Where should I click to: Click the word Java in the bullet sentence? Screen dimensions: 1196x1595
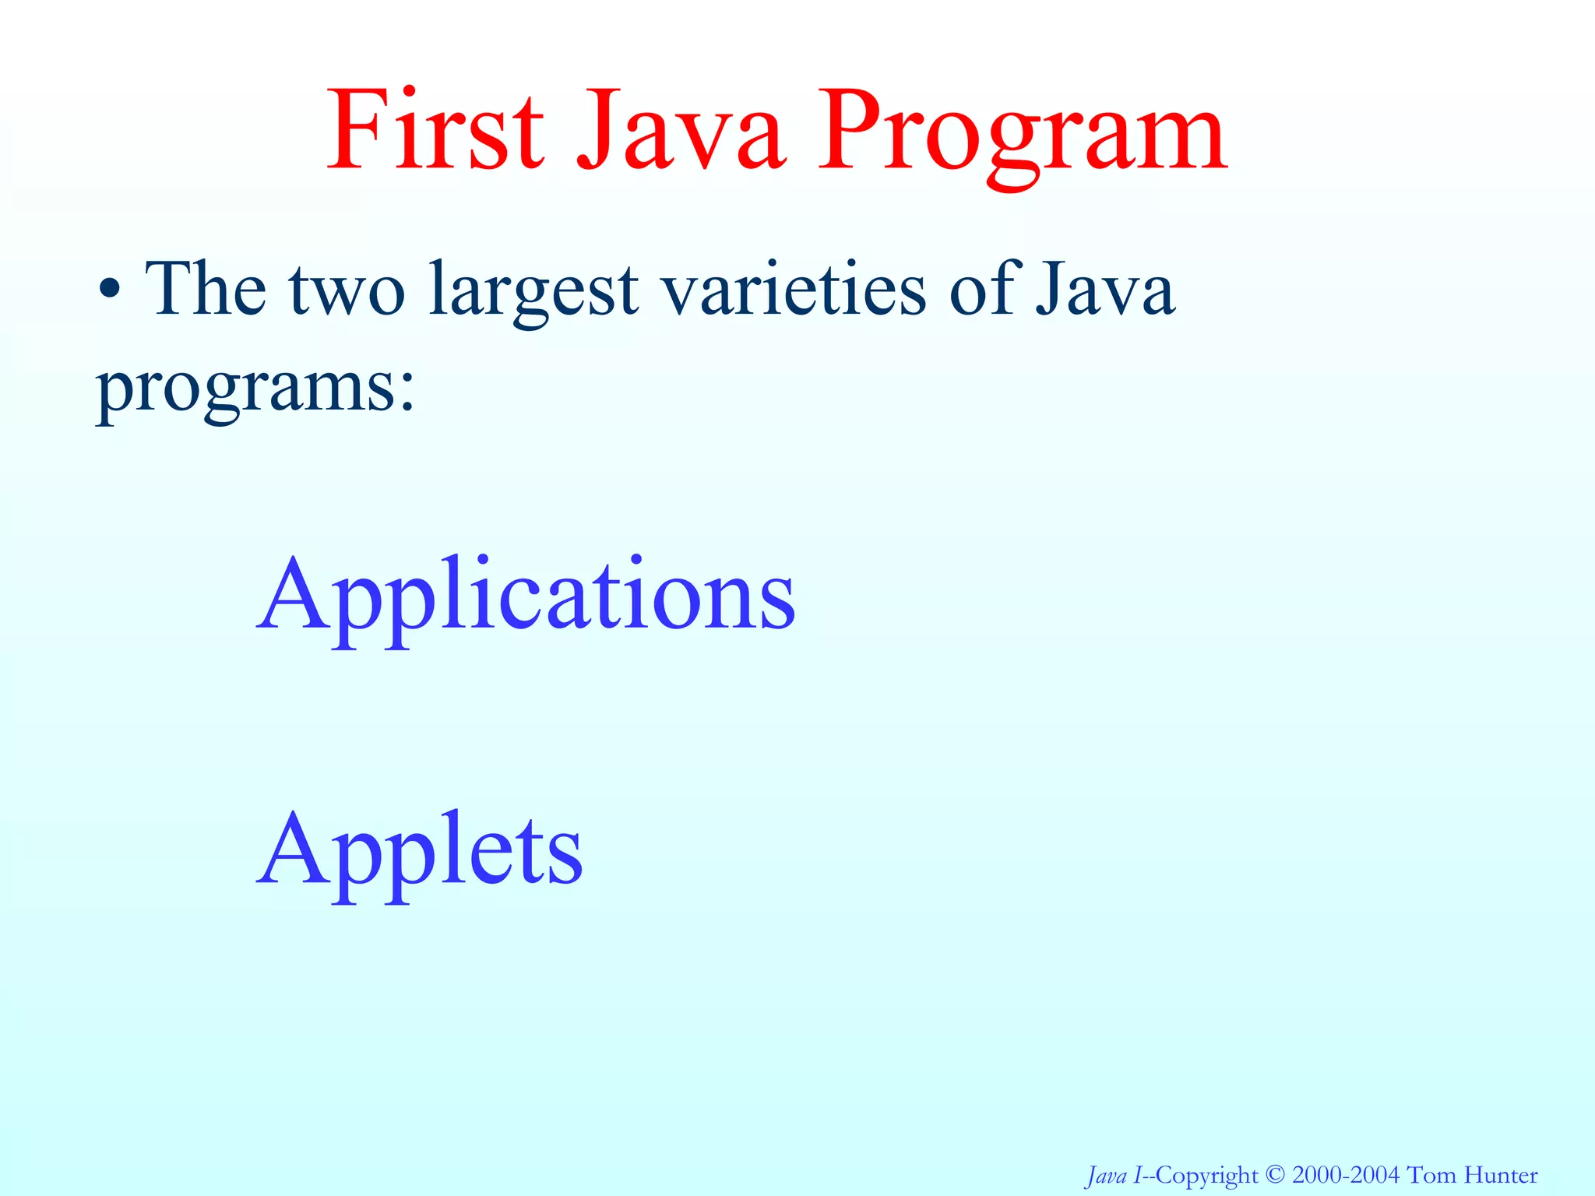1104,290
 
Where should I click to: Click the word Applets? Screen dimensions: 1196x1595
421,852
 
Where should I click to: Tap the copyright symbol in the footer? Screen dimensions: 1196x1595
1273,1174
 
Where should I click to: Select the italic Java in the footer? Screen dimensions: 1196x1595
1106,1175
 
